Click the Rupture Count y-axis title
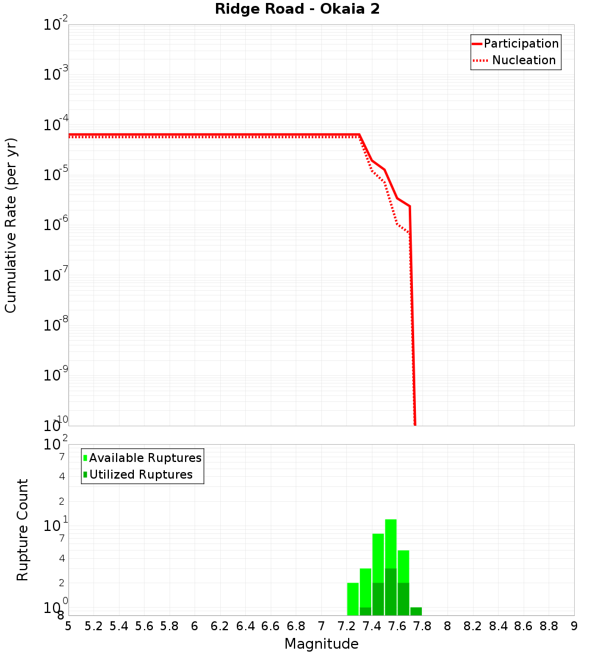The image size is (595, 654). (23, 530)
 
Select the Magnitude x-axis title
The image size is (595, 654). (321, 644)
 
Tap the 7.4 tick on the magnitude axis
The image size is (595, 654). (372, 626)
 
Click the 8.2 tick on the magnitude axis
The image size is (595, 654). (473, 626)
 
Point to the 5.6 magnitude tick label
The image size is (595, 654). (144, 626)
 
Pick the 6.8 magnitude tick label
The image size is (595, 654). (296, 626)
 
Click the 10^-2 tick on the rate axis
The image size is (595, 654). (56, 26)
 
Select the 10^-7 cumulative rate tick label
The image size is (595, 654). (56, 276)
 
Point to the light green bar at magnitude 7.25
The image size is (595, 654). (353, 599)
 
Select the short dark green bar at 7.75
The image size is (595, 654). (416, 611)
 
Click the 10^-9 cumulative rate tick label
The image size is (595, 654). (56, 376)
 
